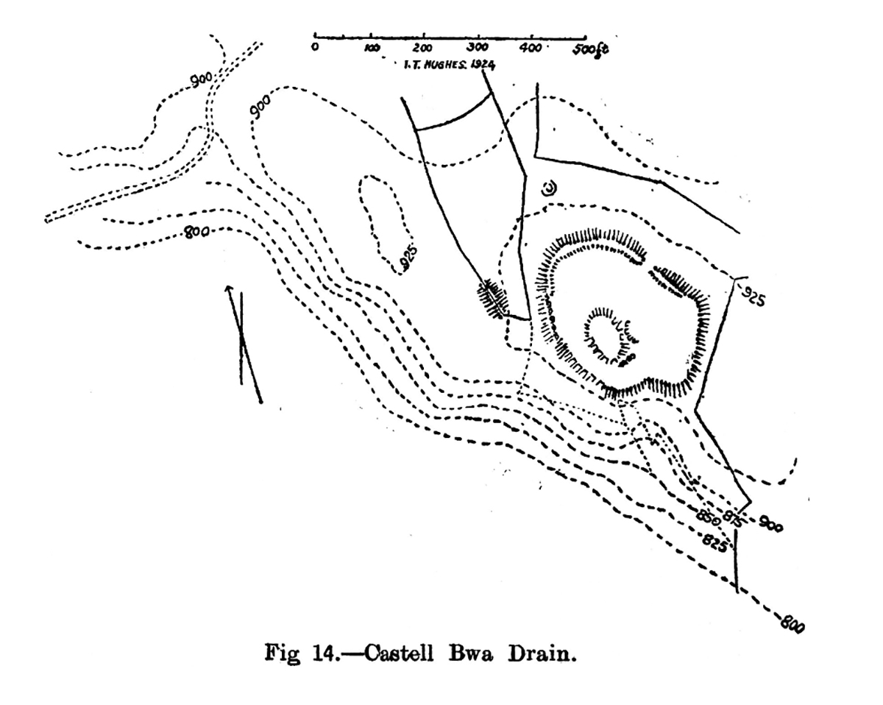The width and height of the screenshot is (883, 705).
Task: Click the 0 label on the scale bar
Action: [315, 48]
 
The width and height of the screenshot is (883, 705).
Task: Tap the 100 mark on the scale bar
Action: [372, 49]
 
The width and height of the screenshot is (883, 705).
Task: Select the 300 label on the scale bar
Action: [477, 49]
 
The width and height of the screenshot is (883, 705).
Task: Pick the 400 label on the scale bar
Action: [530, 49]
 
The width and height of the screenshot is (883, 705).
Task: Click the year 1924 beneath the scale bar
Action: [481, 64]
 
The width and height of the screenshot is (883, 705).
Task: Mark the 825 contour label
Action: [714, 544]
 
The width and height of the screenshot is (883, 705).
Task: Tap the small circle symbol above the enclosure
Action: [548, 188]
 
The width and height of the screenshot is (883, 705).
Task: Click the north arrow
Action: [243, 342]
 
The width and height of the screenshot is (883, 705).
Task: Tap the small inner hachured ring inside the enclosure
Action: [610, 335]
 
